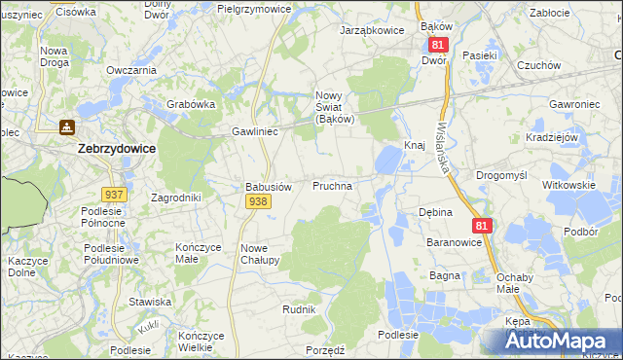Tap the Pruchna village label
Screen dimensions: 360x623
pos(332,184)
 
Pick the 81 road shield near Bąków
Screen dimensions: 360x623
pos(437,45)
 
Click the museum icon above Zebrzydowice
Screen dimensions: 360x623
pos(66,126)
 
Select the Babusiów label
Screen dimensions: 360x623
pos(268,186)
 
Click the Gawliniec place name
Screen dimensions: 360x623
pos(255,130)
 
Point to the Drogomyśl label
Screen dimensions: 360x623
pos(500,175)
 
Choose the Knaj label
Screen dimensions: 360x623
pos(415,145)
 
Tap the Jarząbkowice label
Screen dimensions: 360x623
pos(371,30)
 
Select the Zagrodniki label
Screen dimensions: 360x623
pos(176,197)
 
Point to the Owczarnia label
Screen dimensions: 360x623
pos(132,70)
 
